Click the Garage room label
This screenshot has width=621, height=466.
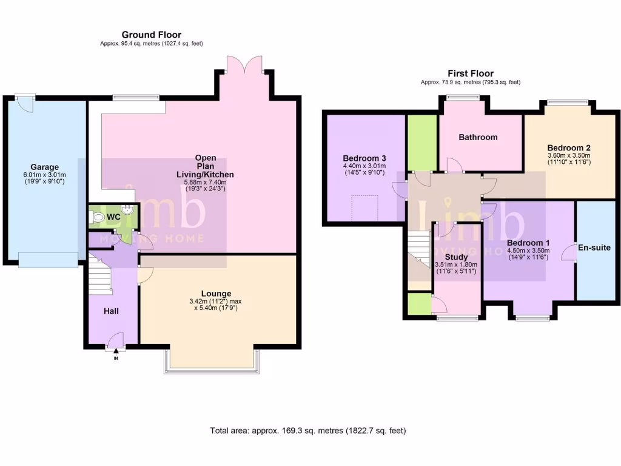[45, 167]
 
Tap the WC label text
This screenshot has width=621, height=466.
[113, 217]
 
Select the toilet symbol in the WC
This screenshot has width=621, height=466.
[97, 216]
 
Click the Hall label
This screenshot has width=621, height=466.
[110, 311]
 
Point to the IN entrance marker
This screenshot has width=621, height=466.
[116, 359]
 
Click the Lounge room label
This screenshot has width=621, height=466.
[217, 294]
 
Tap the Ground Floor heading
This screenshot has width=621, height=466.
[151, 35]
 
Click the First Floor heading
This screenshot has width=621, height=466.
[470, 73]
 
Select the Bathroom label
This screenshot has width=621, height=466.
[478, 137]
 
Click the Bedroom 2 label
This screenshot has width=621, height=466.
[568, 147]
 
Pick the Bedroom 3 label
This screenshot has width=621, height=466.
[364, 158]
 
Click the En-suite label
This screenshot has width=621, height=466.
[594, 248]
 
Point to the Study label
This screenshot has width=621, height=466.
[457, 257]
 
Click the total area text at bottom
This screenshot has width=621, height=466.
[307, 431]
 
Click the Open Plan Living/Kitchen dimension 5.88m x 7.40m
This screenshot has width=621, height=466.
[206, 181]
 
